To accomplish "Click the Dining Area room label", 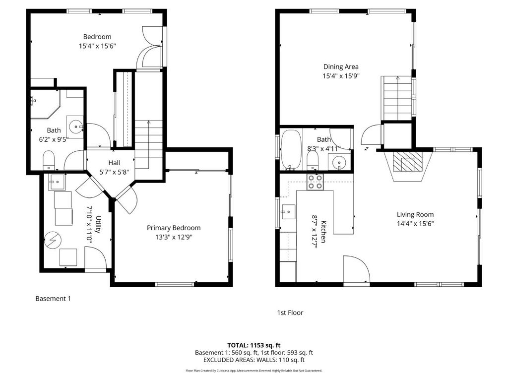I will click(341, 66).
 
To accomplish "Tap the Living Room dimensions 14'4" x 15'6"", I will click(415, 224).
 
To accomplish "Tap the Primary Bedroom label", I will click(174, 228).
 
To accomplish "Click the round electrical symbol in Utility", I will click(52, 241).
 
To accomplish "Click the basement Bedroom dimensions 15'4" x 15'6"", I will click(97, 46).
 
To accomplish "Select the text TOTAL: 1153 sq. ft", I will click(254, 345).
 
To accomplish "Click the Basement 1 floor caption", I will click(53, 299).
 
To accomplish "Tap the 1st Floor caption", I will click(290, 313).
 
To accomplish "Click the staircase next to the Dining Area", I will click(397, 99).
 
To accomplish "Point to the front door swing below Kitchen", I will click(356, 270).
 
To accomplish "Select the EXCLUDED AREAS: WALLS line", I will click(254, 360).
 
